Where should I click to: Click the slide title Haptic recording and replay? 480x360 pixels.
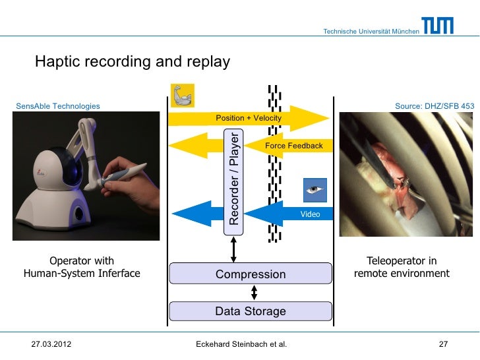tap(132, 62)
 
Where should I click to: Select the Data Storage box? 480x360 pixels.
tap(251, 311)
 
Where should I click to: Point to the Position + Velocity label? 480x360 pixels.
tap(249, 118)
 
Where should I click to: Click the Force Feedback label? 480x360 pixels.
tap(293, 146)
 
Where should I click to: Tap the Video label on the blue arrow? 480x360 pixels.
tap(310, 214)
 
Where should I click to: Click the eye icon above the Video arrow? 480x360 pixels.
tap(315, 190)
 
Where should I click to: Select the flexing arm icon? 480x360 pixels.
tap(182, 96)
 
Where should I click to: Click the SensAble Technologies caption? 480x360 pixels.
tap(57, 105)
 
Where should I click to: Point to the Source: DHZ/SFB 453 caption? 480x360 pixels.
tap(434, 105)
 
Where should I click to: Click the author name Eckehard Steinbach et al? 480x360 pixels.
tap(241, 344)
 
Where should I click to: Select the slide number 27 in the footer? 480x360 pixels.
tap(443, 344)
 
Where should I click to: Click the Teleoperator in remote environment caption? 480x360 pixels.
tap(402, 268)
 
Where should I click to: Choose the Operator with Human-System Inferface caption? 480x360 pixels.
tap(82, 268)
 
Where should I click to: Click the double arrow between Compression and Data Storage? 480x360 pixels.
tap(254, 293)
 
